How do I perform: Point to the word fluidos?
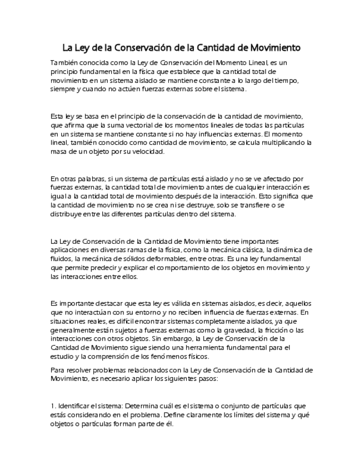(x=62, y=258)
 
